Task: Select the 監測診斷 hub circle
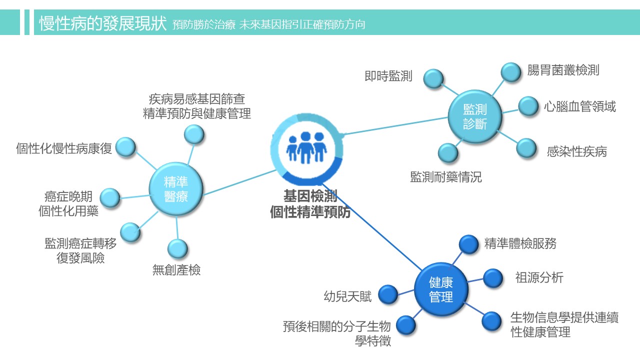click(x=474, y=116)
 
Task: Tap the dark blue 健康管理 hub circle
click(x=441, y=289)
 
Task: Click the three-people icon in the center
click(x=306, y=147)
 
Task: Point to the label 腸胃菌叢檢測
click(x=563, y=70)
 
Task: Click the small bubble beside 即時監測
click(x=433, y=78)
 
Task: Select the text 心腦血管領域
click(x=580, y=106)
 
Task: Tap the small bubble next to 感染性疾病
click(x=526, y=148)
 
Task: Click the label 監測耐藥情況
click(x=446, y=177)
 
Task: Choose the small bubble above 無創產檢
click(x=177, y=248)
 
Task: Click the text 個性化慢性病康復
click(x=64, y=148)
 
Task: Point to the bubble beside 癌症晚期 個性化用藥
click(x=110, y=198)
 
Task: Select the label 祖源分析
click(x=539, y=277)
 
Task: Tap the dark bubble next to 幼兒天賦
click(x=388, y=294)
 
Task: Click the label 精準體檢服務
click(x=520, y=243)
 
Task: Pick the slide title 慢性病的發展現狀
click(x=102, y=23)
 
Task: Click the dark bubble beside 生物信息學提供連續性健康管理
click(x=491, y=321)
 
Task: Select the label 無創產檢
click(x=176, y=270)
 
